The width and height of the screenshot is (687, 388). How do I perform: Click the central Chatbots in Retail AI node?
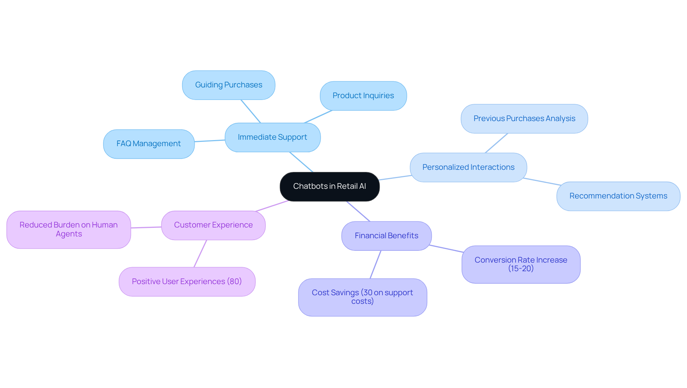tap(330, 186)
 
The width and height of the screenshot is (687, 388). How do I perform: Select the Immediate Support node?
tap(273, 137)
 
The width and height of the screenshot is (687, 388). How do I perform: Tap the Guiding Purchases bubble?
tap(229, 85)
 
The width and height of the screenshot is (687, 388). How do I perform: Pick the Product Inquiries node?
tap(363, 96)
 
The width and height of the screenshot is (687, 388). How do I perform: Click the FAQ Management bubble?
tap(149, 144)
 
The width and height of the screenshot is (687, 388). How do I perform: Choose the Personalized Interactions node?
tap(468, 167)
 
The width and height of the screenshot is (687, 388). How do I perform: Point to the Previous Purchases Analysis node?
tap(524, 119)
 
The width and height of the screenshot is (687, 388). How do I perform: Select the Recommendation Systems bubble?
tap(618, 196)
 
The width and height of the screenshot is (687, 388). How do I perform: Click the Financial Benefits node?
tap(386, 236)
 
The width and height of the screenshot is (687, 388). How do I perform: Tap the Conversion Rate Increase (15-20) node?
tap(521, 264)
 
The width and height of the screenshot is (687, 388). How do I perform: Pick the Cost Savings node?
tap(362, 297)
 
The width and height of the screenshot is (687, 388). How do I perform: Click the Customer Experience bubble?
tap(213, 225)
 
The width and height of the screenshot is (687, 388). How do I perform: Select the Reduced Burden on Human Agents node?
tap(69, 229)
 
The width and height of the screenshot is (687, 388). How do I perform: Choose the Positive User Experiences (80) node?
tap(187, 282)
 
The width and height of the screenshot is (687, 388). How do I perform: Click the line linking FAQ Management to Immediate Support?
tap(210, 141)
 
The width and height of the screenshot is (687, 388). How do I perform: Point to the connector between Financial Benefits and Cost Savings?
tap(375, 264)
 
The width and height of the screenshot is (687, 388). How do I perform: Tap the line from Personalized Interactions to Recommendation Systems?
tap(542, 182)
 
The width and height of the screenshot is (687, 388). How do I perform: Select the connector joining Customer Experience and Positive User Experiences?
tap(200, 253)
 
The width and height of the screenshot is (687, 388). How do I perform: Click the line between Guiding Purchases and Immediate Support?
tap(251, 111)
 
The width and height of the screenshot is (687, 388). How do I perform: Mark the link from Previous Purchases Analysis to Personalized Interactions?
tap(496, 143)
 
